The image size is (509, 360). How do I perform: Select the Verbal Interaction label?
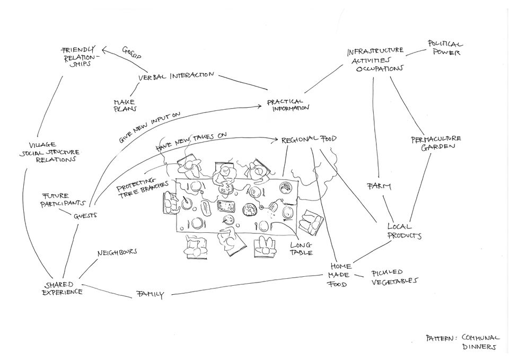point(176,76)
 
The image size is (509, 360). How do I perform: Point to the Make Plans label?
point(125,105)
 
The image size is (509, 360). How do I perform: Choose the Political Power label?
point(445,49)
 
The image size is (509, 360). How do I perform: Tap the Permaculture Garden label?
point(435,143)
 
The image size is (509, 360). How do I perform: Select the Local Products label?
point(404,231)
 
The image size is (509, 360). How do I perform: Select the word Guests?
point(84,216)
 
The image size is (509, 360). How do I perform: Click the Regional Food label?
point(309,139)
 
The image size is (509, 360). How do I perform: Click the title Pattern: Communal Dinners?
point(462,342)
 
